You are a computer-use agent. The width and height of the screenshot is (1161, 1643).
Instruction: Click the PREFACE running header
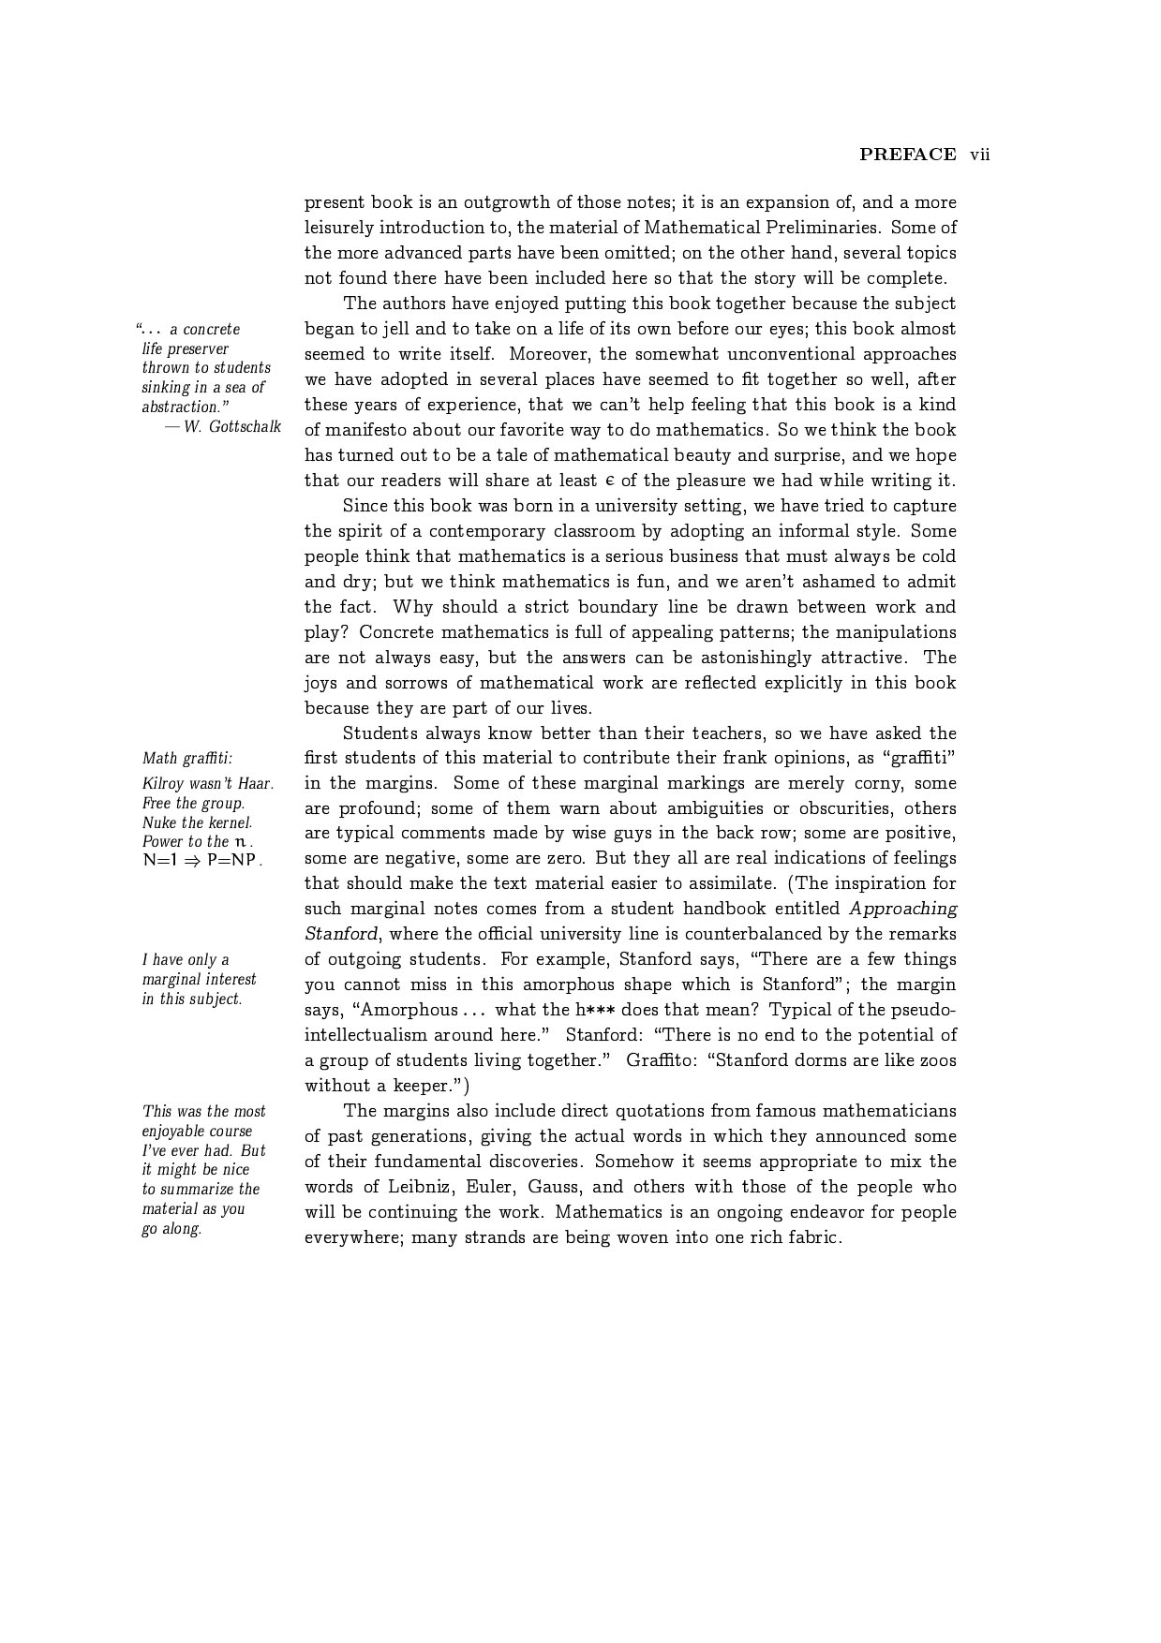[x=907, y=155]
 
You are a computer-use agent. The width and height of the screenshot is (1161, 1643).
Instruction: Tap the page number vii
[x=980, y=155]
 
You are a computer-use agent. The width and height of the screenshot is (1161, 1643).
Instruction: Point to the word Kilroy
[x=162, y=783]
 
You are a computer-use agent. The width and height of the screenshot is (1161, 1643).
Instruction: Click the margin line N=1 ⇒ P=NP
[x=202, y=860]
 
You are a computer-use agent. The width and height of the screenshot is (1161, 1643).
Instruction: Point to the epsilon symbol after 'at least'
[x=609, y=481]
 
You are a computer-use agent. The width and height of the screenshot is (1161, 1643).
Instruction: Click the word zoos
[x=937, y=1060]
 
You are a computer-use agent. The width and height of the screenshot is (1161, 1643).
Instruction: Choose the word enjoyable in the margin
[x=178, y=1131]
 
